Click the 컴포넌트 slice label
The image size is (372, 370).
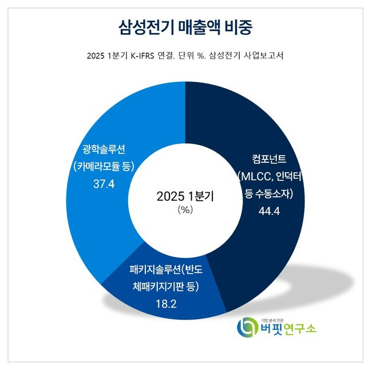(x=268, y=157)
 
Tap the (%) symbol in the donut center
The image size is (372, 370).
(x=184, y=209)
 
